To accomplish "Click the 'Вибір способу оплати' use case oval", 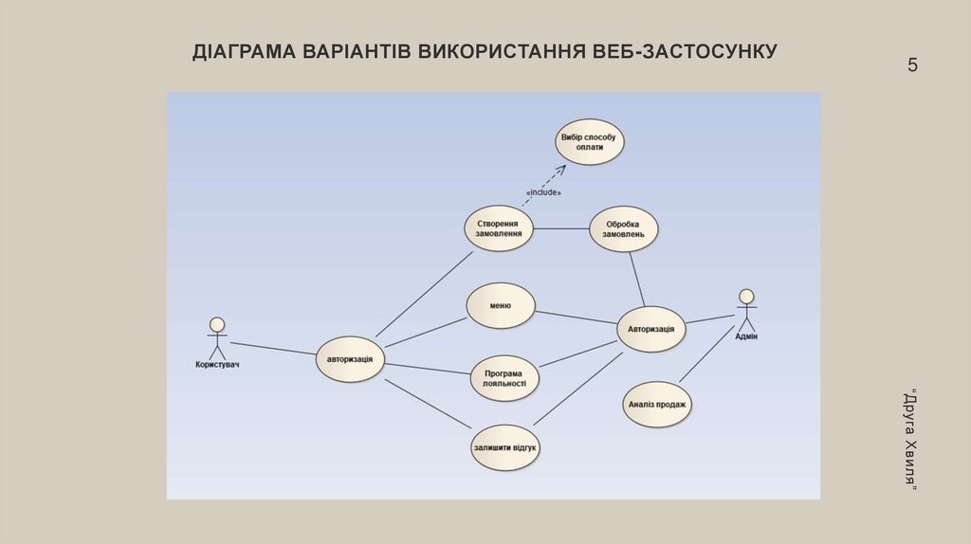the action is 588,142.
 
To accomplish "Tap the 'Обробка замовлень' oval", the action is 623,228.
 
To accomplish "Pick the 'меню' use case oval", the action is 501,306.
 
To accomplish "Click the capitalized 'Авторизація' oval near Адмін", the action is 651,329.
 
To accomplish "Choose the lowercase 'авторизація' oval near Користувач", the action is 350,359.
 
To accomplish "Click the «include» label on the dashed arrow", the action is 542,192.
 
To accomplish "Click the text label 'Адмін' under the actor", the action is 746,336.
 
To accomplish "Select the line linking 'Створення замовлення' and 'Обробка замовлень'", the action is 560,228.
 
